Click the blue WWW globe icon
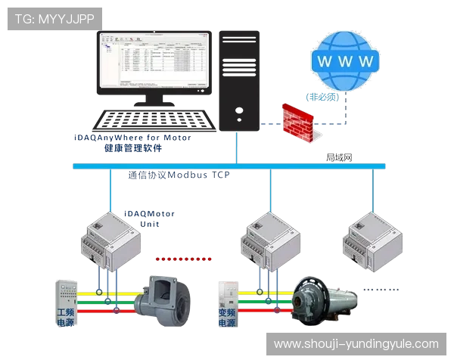coord(345,60)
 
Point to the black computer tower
coord(239,83)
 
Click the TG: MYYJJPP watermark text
coord(54,18)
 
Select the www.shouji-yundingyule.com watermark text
coord(356,344)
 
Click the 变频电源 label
coord(226,318)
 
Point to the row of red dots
coord(182,259)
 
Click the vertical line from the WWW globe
coord(347,110)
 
